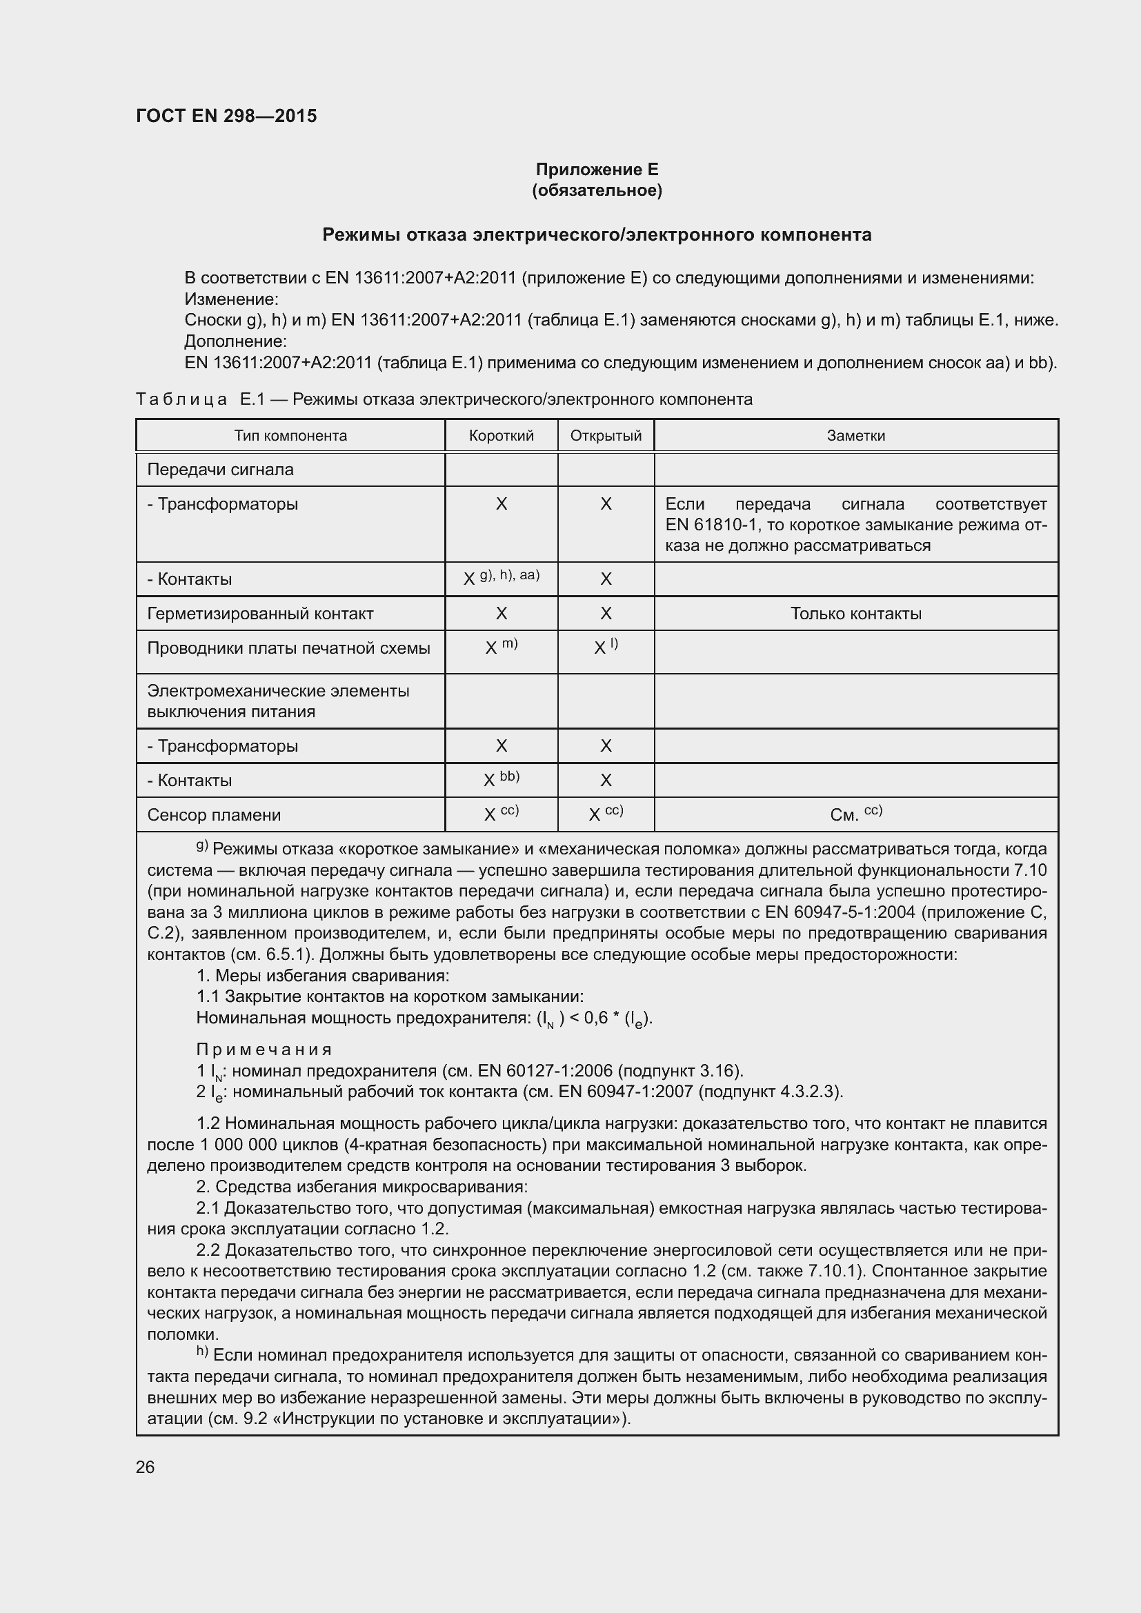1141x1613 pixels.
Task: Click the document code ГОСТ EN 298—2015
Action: pyautogui.click(x=226, y=116)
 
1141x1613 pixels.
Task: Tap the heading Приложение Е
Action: pyautogui.click(x=597, y=170)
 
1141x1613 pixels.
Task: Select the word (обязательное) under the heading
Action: pyautogui.click(x=597, y=190)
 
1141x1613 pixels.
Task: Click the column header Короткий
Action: pyautogui.click(x=501, y=436)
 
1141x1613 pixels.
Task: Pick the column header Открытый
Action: pyautogui.click(x=606, y=436)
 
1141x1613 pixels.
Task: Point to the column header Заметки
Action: pyautogui.click(x=855, y=436)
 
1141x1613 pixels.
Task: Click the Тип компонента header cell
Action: pyautogui.click(x=290, y=436)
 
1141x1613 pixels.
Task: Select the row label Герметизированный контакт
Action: pyautogui.click(x=260, y=613)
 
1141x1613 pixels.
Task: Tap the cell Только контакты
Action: pyautogui.click(x=855, y=613)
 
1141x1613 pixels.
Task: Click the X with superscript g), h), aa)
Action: pyautogui.click(x=501, y=578)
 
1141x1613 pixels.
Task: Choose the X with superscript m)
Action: pyautogui.click(x=501, y=647)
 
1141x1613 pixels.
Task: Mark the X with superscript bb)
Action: pyautogui.click(x=501, y=779)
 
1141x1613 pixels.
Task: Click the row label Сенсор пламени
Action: pyautogui.click(x=214, y=815)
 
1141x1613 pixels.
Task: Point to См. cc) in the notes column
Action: pyautogui.click(x=855, y=814)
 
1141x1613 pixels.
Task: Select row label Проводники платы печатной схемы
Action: pyautogui.click(x=288, y=648)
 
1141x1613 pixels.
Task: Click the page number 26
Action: pyautogui.click(x=145, y=1467)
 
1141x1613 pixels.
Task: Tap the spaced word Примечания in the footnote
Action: pyautogui.click(x=264, y=1050)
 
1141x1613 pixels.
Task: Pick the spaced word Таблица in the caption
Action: pyautogui.click(x=181, y=400)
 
